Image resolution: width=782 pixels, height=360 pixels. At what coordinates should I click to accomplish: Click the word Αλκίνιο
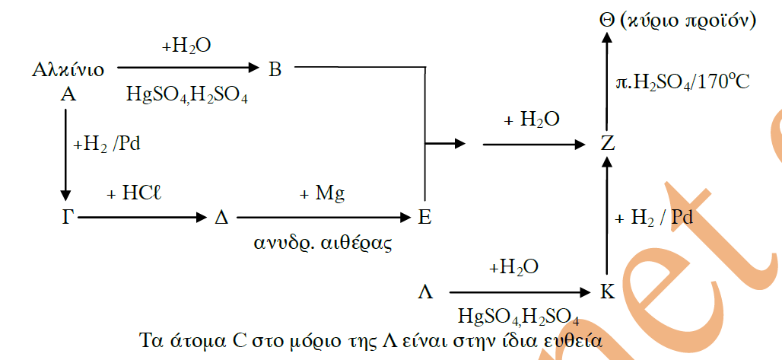68,70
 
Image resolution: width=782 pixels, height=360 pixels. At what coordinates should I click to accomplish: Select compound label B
275,70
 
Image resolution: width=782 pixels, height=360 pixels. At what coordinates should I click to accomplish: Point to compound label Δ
221,217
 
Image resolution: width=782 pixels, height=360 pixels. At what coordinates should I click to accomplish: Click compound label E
425,217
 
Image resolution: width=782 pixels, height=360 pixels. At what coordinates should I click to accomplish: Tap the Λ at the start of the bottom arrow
425,292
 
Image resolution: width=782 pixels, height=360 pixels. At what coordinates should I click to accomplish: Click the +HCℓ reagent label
134,194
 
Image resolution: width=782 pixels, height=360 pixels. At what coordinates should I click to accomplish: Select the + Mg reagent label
323,194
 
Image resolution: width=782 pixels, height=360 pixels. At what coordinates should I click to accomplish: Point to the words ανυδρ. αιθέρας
323,244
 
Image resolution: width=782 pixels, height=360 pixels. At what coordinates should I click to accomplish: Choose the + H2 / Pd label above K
655,218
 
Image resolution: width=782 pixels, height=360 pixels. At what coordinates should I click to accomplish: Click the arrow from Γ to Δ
142,217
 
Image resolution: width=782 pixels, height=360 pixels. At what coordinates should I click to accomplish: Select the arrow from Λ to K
517,292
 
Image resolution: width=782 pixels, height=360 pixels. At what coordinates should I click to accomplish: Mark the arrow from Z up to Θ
606,81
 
